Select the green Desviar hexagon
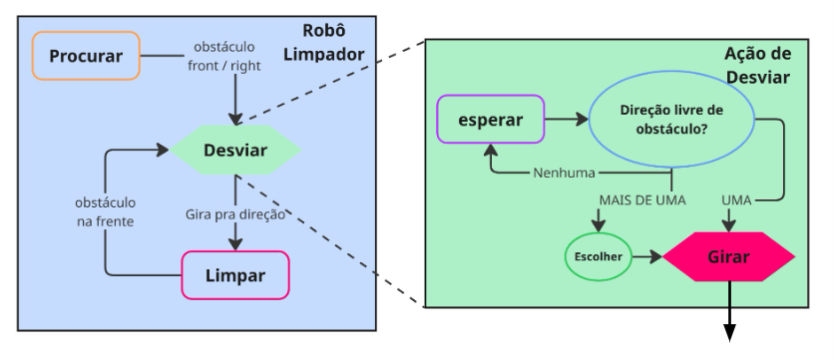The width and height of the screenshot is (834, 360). tap(234, 152)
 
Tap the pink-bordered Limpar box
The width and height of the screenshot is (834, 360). tap(235, 275)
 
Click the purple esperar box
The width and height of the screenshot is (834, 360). tap(490, 120)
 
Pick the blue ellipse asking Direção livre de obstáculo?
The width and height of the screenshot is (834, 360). tap(671, 120)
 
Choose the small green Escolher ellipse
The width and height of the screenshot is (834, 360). tap(599, 256)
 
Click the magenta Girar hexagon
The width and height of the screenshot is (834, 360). tap(728, 257)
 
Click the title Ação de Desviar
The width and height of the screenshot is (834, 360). tap(755, 66)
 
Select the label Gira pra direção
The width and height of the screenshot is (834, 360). tap(235, 213)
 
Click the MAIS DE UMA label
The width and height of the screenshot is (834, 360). tap(641, 200)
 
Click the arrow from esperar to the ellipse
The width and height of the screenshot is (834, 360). tap(567, 120)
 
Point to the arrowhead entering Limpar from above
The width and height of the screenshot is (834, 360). tap(235, 242)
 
